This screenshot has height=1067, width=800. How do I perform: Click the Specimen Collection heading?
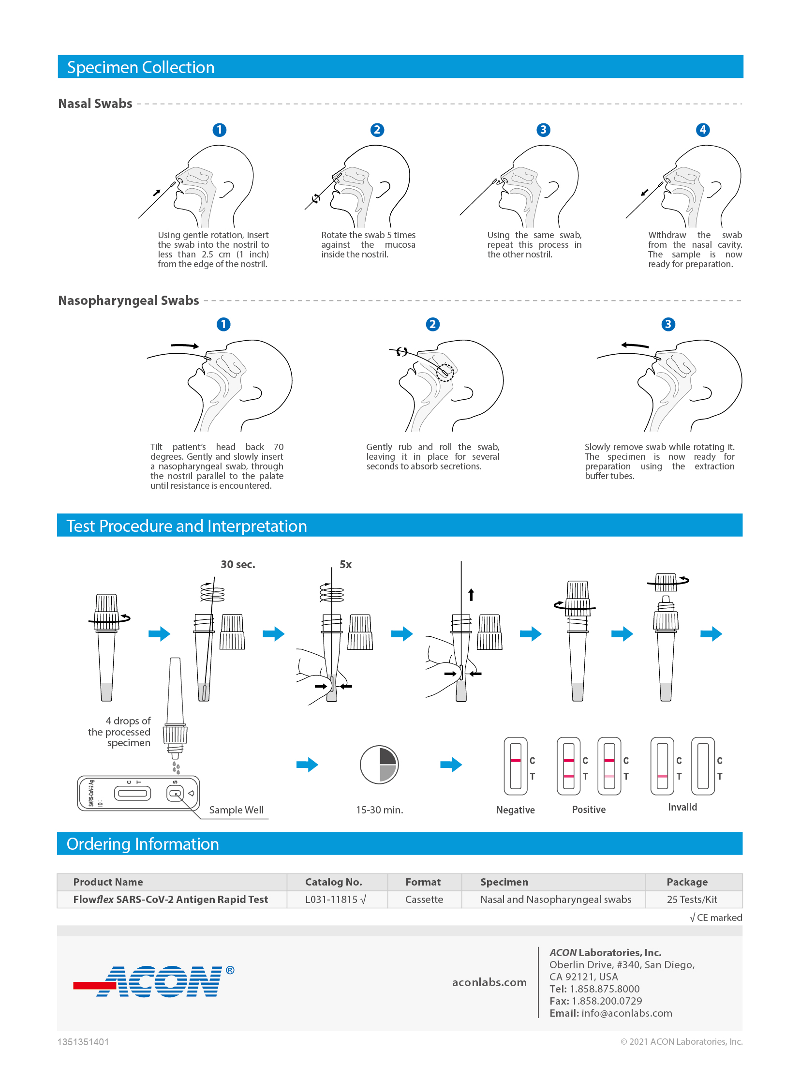point(141,67)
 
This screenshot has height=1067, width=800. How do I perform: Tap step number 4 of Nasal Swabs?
point(702,130)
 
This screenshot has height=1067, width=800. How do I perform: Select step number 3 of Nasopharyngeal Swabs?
point(668,324)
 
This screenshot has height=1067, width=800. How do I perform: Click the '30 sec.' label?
point(237,564)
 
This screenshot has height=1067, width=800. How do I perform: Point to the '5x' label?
point(345,564)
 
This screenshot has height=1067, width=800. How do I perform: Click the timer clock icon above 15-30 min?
point(379,765)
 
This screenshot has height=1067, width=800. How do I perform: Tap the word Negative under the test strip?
point(515,810)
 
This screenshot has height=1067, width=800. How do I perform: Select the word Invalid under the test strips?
point(682,807)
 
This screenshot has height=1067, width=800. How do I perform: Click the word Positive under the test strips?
point(588,809)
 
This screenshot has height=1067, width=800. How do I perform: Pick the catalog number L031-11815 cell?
point(335,899)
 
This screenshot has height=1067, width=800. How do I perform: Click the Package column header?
point(687,882)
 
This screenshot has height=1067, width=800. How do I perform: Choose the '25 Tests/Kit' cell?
point(692,899)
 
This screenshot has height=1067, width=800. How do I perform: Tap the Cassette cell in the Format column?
point(424,899)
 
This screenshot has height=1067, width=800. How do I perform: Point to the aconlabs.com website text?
point(489,982)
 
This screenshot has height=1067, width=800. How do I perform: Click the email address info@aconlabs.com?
point(626,1013)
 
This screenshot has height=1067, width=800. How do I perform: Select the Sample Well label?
point(236,810)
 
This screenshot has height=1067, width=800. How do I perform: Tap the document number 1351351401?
point(83,1042)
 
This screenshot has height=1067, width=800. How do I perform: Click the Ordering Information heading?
point(143,843)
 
